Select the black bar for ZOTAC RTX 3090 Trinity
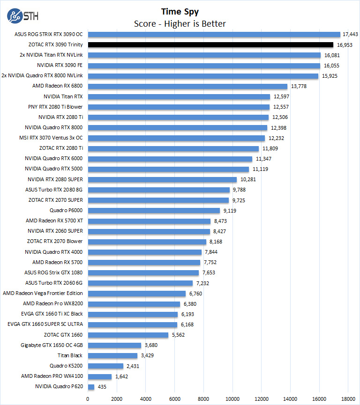(x=210, y=45)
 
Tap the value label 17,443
(x=351, y=35)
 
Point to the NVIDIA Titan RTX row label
(x=63, y=96)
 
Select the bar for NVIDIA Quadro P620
(x=91, y=387)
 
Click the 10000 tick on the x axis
(x=232, y=398)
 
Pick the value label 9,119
(x=230, y=211)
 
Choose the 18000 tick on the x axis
(x=348, y=398)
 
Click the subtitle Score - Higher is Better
(x=180, y=23)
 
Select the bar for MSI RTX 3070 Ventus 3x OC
(x=176, y=138)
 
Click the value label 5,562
(x=179, y=335)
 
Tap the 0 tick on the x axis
(x=88, y=398)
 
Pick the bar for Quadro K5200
(x=105, y=366)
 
